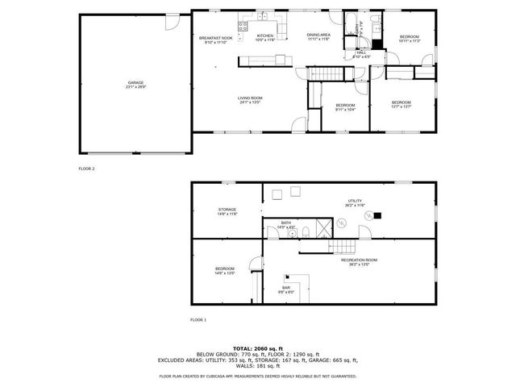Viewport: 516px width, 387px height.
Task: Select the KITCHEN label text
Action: click(x=264, y=37)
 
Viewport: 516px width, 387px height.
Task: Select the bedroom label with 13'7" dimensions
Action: click(x=401, y=104)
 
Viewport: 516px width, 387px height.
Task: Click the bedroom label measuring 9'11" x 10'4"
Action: click(x=345, y=108)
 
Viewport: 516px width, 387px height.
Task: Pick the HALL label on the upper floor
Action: click(x=361, y=54)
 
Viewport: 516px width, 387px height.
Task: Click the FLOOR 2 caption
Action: click(x=86, y=169)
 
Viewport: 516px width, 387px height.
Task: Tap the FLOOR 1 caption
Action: click(x=198, y=320)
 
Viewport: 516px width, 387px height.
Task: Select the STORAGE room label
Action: click(x=227, y=211)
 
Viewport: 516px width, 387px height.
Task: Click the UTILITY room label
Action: click(x=356, y=203)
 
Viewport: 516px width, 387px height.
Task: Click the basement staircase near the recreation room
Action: click(x=345, y=246)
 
